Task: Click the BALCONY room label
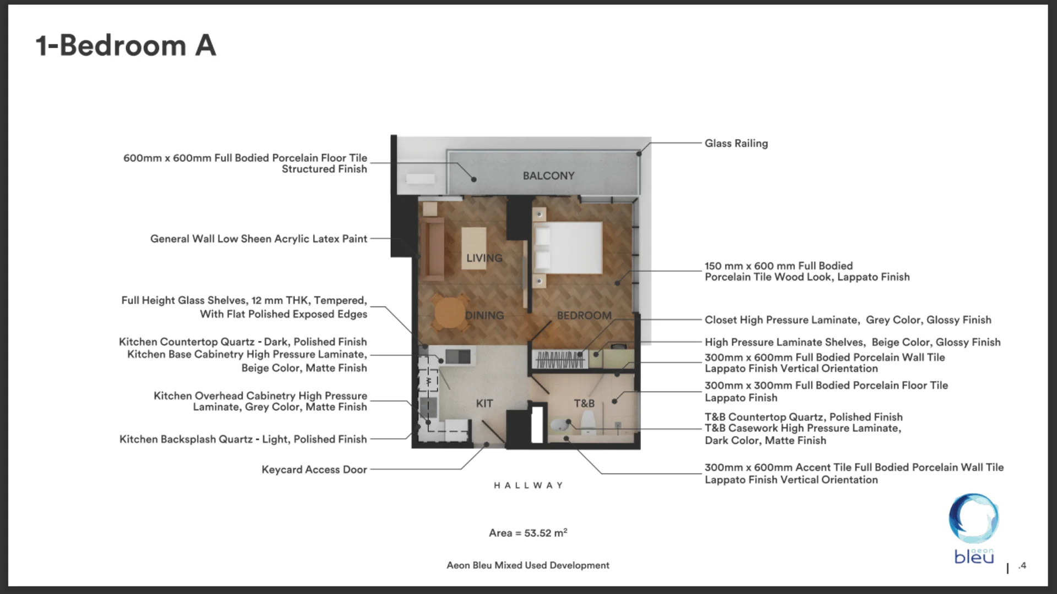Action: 548,176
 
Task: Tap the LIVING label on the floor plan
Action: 484,258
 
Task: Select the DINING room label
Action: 484,316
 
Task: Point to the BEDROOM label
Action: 584,316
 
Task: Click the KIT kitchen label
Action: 484,404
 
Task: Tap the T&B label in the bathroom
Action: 584,404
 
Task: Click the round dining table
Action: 450,312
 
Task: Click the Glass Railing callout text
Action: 736,144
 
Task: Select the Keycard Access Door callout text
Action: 314,470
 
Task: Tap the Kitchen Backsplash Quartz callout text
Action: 243,439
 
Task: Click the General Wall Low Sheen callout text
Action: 258,239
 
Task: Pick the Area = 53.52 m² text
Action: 528,533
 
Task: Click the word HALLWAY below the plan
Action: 528,486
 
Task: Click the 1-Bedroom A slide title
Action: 126,46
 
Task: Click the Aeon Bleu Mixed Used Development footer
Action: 528,565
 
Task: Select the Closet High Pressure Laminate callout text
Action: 848,320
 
